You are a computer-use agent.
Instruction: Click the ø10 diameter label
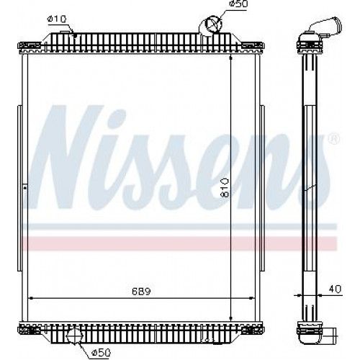coord(57,19)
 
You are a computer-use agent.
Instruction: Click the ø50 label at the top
coord(238,4)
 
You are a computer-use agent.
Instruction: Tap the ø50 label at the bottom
coord(101,352)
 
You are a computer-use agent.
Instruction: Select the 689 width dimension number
coord(141,292)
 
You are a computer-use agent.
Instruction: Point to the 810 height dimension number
coord(225,187)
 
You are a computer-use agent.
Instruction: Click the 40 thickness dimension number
coord(335,289)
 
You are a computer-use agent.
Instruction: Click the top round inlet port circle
coord(213,24)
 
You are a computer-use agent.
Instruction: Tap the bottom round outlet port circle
coord(74,336)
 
